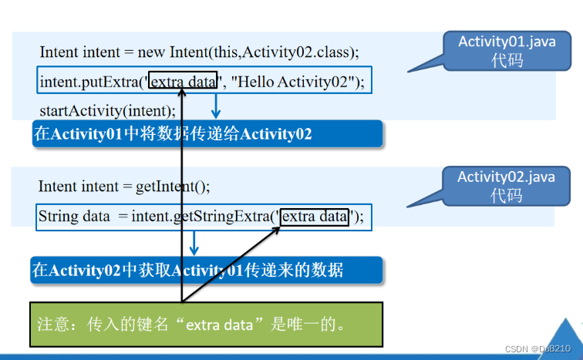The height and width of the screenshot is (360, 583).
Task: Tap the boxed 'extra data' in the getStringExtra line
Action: point(315,217)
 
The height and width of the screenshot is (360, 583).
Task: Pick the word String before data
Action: point(59,217)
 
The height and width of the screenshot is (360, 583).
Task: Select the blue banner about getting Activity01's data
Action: point(207,270)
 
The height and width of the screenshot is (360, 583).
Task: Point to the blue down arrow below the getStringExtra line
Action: point(194,245)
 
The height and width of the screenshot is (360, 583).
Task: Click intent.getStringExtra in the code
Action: point(201,217)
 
